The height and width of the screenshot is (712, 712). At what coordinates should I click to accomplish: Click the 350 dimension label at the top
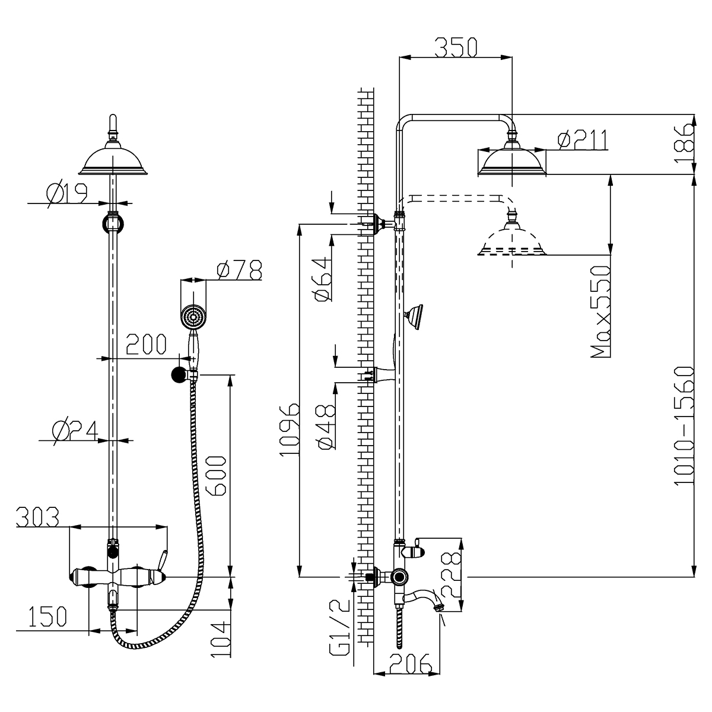pyautogui.click(x=456, y=47)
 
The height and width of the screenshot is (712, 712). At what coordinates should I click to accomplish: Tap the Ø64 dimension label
pyautogui.click(x=324, y=279)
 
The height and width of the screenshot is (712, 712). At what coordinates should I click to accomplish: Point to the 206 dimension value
pyautogui.click(x=410, y=665)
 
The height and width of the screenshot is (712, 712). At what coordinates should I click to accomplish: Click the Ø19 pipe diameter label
pyautogui.click(x=66, y=193)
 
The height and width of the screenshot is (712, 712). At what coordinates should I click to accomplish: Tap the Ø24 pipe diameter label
pyautogui.click(x=75, y=430)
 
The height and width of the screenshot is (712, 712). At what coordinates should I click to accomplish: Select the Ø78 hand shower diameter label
pyautogui.click(x=239, y=271)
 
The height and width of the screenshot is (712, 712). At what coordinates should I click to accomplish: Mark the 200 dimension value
pyautogui.click(x=145, y=345)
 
